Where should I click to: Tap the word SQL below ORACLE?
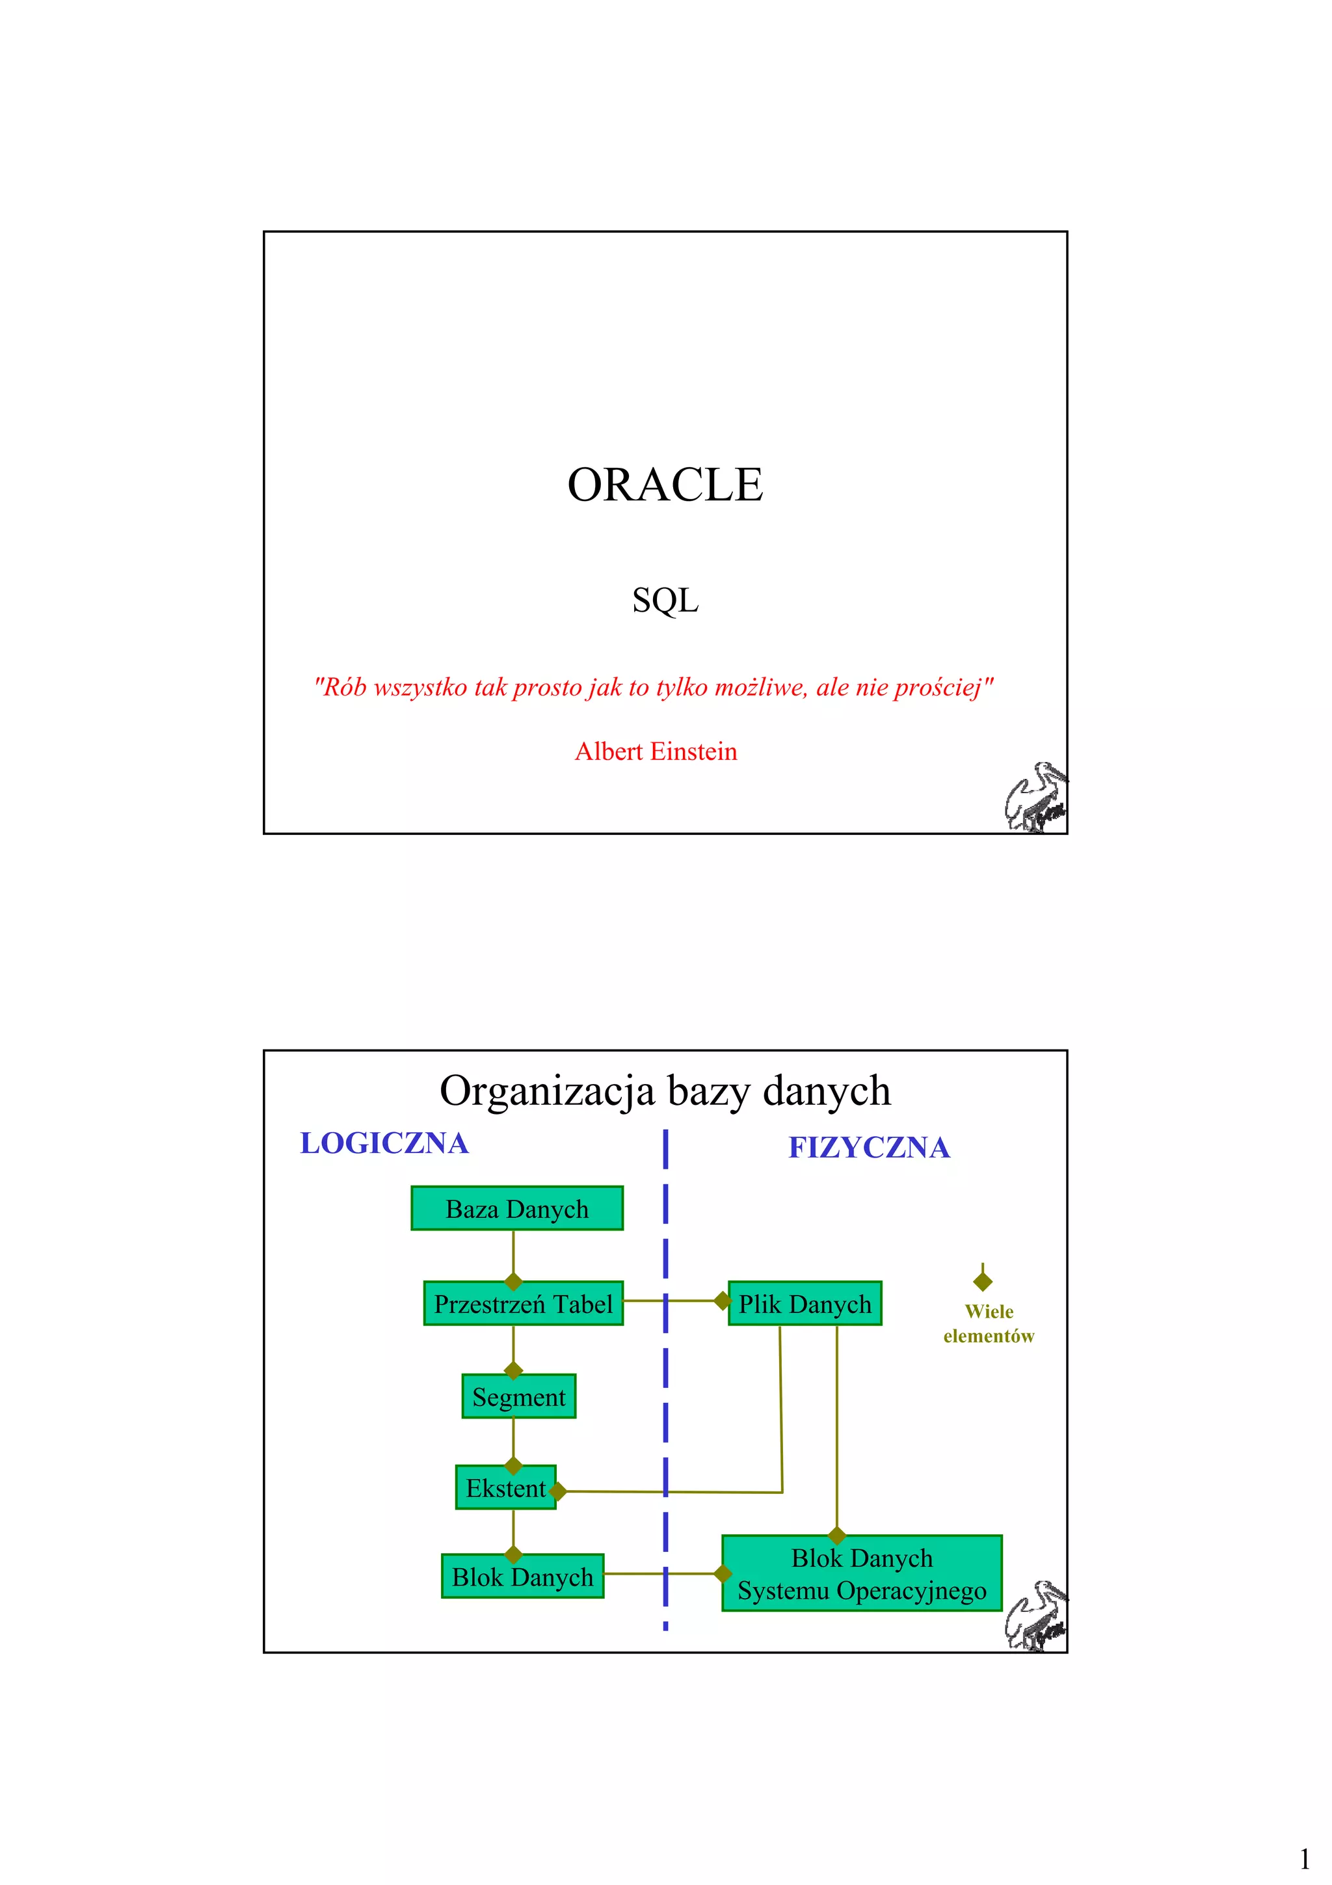pos(665,600)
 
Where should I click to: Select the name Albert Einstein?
pos(656,752)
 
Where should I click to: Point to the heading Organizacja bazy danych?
pos(665,1091)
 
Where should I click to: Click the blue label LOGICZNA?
pos(384,1143)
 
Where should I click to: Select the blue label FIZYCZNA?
pos(869,1147)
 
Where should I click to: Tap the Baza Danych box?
pos(517,1208)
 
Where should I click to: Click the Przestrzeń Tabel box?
pos(524,1304)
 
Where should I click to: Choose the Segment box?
pos(518,1396)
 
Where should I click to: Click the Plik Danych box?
pos(805,1304)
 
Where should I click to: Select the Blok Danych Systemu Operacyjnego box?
pos(862,1574)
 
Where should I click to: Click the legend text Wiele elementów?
pos(989,1323)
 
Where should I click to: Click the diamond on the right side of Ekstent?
pos(557,1491)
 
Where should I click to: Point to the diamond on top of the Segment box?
pos(514,1370)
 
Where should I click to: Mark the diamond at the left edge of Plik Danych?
pos(722,1301)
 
